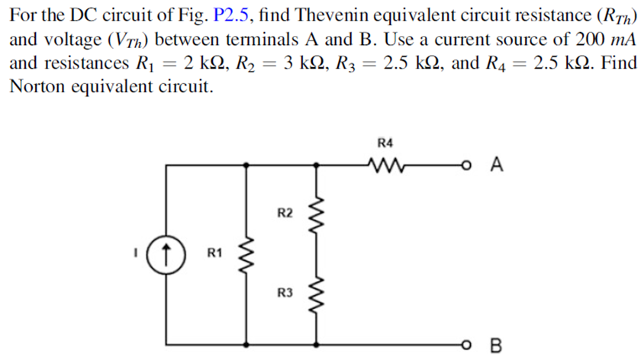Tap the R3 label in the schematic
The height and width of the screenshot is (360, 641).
click(283, 292)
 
